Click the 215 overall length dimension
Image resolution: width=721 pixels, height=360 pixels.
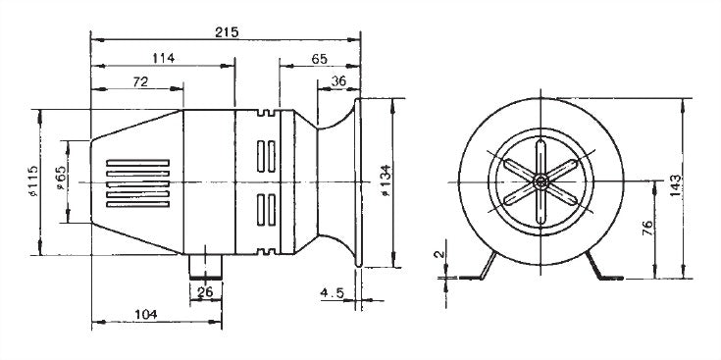227,32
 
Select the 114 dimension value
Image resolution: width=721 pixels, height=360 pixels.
163,58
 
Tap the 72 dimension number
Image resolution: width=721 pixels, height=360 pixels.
140,81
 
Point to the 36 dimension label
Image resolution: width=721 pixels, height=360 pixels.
338,80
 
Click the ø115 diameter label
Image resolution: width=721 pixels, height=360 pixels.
33,181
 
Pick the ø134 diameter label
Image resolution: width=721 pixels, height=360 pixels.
386,180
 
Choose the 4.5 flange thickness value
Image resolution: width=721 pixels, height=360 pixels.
332,293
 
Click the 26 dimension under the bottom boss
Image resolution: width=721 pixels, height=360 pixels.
205,291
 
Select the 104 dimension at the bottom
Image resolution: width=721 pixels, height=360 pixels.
146,315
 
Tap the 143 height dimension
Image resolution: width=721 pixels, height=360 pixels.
675,185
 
